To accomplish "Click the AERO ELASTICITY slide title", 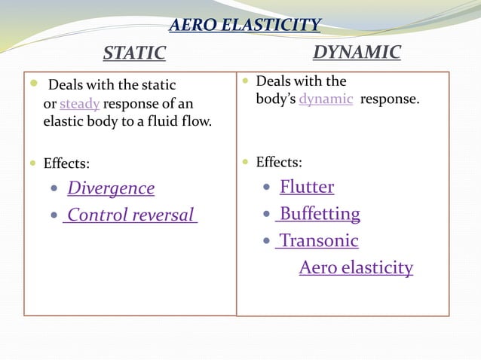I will [x=244, y=26].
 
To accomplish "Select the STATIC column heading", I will [x=134, y=53].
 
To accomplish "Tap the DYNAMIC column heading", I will [x=357, y=52].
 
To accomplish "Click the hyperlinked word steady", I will [x=79, y=103].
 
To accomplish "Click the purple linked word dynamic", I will [x=326, y=99].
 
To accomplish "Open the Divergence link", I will [x=111, y=188].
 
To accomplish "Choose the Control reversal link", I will [x=130, y=215].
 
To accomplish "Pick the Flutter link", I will [x=307, y=187].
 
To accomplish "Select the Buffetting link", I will [x=318, y=214].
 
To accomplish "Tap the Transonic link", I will [x=317, y=241].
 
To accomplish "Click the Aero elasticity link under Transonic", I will [x=356, y=267].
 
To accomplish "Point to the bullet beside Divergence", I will [x=54, y=189].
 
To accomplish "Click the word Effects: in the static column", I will [x=66, y=163].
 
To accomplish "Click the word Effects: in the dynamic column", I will [x=279, y=162].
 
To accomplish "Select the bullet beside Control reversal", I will [x=54, y=216].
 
